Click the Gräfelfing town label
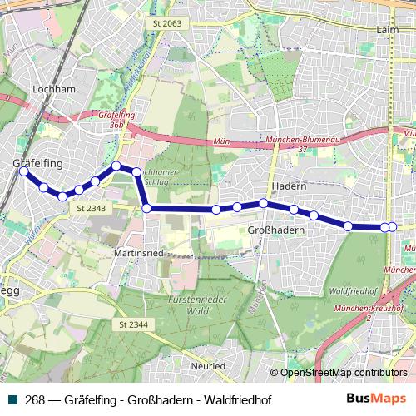pyautogui.click(x=38, y=164)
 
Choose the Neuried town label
pyautogui.click(x=207, y=365)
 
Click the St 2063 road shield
pyautogui.click(x=166, y=24)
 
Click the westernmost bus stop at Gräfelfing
pyautogui.click(x=24, y=171)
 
